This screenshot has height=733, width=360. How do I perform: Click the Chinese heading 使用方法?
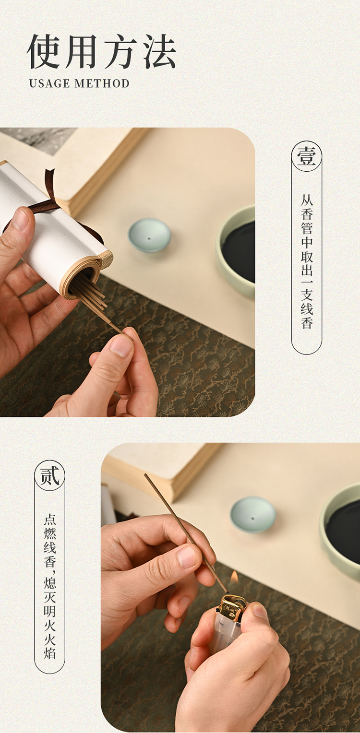click(102, 52)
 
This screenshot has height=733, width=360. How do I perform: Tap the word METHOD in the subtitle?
click(102, 83)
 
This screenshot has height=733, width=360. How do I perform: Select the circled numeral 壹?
click(307, 156)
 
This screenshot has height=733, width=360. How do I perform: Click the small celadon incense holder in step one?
click(149, 235)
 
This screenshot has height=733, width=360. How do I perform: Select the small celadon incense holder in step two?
click(252, 514)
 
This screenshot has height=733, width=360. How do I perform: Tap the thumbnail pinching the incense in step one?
click(121, 346)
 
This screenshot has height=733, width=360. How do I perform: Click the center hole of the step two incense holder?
click(252, 519)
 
